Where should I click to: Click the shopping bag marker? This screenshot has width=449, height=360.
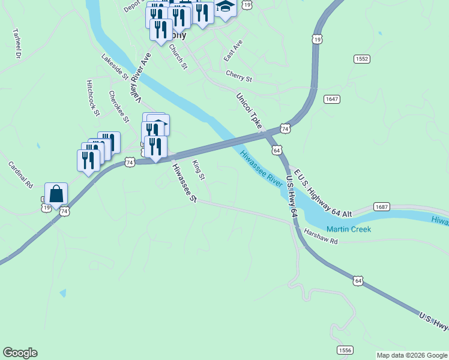(56, 194)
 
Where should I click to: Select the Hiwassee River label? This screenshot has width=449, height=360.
(261, 169)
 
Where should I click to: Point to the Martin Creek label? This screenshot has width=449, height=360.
(349, 229)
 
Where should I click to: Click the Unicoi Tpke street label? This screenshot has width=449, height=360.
(250, 111)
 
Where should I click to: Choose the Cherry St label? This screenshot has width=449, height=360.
(239, 76)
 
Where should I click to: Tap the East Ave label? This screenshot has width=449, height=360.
(232, 51)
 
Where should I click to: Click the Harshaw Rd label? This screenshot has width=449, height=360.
(321, 237)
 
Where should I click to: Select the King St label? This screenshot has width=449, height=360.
(199, 170)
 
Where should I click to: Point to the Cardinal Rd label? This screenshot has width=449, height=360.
(20, 175)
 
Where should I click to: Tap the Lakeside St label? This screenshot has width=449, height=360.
(115, 67)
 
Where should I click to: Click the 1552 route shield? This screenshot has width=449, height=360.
(362, 59)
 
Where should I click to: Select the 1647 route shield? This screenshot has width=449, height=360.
(331, 98)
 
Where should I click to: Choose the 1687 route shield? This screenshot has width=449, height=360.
(382, 206)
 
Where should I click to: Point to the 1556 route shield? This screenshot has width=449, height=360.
(345, 350)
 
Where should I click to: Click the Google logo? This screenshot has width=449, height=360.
(20, 353)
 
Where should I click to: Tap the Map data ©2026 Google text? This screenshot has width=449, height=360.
(412, 355)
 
